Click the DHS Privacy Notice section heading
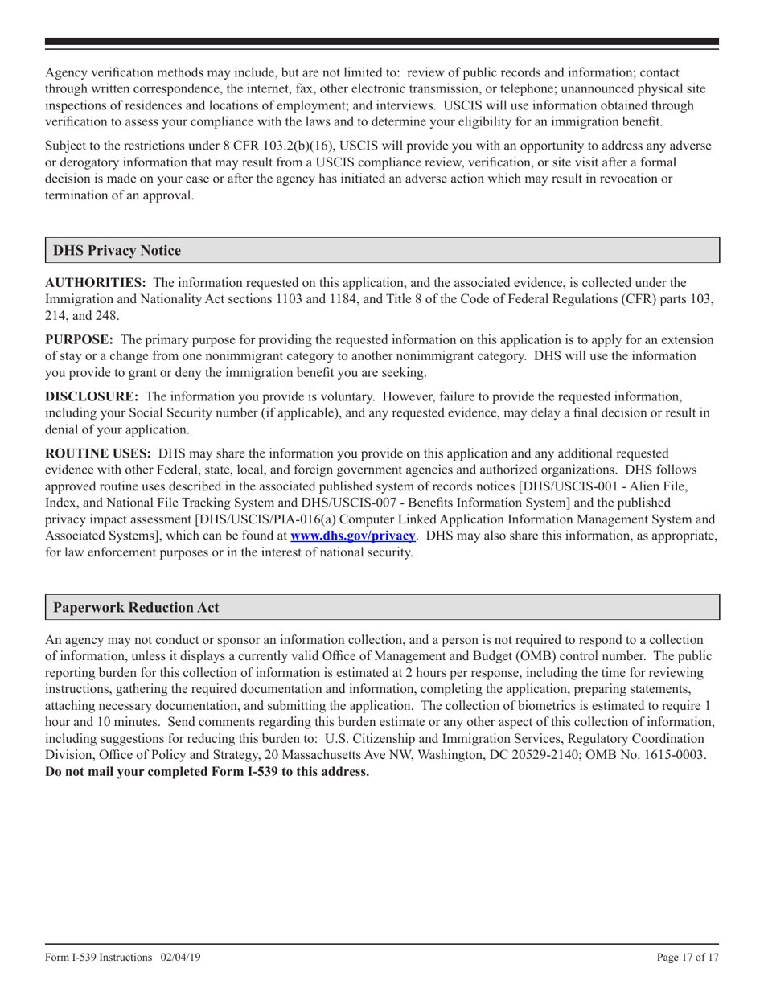117,251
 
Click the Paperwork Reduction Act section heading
136,609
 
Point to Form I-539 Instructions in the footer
99,958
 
